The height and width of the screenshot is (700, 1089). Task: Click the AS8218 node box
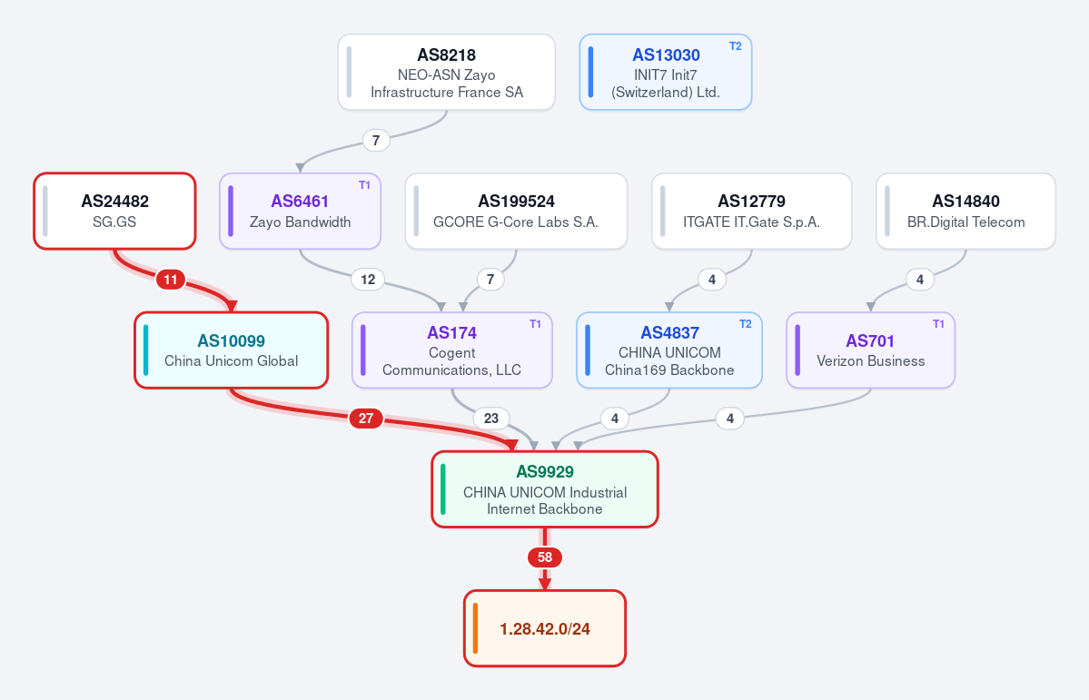(x=447, y=73)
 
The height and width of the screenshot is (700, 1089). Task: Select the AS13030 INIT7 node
(x=666, y=73)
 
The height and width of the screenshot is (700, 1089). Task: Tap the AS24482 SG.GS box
(x=114, y=212)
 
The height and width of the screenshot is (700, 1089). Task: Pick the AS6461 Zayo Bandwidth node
(x=300, y=212)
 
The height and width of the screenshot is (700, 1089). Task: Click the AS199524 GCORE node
(x=516, y=212)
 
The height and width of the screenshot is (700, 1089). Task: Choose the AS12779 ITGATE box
(x=751, y=212)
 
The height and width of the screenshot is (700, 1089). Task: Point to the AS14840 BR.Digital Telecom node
(x=966, y=212)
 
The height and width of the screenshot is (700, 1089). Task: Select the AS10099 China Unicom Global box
(x=232, y=350)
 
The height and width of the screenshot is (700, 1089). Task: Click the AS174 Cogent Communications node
(x=452, y=350)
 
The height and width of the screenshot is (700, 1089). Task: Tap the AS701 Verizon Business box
(x=871, y=350)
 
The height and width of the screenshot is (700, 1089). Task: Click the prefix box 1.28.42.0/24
(x=545, y=628)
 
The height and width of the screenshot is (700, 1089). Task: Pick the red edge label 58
(x=545, y=557)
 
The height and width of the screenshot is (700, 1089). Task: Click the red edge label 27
(x=366, y=419)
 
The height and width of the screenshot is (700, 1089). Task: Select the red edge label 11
(x=171, y=280)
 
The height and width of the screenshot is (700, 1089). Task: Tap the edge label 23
(x=491, y=419)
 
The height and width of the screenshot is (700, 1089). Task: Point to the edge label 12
(x=368, y=280)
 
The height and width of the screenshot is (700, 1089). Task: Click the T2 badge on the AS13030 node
(x=736, y=46)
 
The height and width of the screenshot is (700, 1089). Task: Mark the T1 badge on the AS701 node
(x=938, y=324)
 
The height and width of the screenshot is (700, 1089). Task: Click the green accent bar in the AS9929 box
(x=443, y=489)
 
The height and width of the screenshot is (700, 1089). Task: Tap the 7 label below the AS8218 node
(x=376, y=141)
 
